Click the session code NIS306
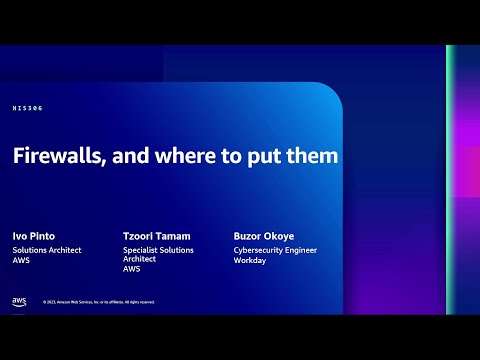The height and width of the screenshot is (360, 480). click(28, 108)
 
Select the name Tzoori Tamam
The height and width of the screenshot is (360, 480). click(157, 236)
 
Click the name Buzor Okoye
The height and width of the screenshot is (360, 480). click(264, 236)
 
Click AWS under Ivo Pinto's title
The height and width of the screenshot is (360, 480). click(20, 260)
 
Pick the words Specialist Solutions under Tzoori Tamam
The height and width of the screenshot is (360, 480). click(158, 250)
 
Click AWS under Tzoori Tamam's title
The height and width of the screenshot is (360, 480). click(131, 269)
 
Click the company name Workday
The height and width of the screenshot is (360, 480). click(249, 260)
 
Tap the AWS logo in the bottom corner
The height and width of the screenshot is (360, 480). click(19, 301)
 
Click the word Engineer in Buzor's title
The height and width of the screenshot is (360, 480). click(307, 250)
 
